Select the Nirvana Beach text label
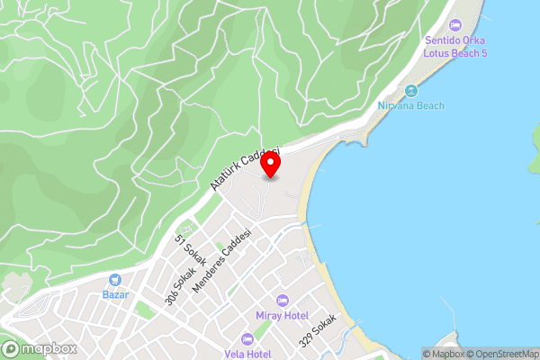pos(410,106)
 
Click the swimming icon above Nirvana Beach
pos(411,90)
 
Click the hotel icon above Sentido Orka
pos(454,24)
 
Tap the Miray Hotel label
pos(282,316)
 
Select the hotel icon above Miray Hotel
pos(282,300)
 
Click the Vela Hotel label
pos(248,354)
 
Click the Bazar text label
pos(115,295)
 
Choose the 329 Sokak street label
pos(320,330)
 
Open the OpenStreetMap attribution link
pos(497,354)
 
